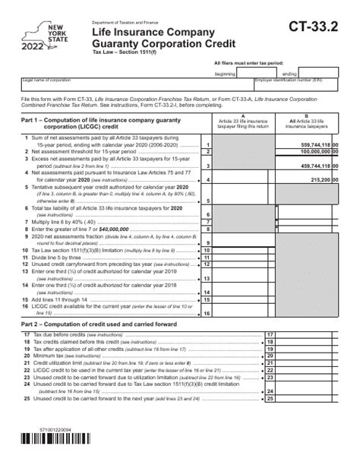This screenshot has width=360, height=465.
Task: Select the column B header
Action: (x=306, y=122)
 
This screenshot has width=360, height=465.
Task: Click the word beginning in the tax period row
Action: (x=225, y=74)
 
